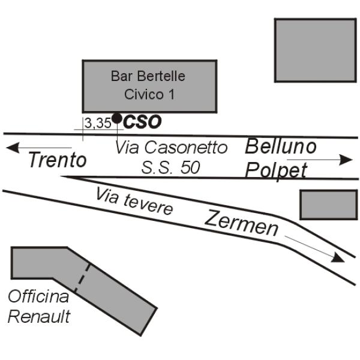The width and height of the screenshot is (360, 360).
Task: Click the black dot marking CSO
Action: [x=117, y=118]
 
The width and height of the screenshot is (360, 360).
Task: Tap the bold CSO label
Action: [x=142, y=122]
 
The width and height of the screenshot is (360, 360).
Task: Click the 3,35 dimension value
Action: [x=97, y=123]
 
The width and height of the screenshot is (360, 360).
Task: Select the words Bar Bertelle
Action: [x=148, y=76]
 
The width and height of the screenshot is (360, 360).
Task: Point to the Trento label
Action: [x=58, y=160]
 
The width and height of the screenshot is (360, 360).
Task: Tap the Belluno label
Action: [x=281, y=146]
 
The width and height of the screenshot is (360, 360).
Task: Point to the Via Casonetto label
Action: [x=172, y=147]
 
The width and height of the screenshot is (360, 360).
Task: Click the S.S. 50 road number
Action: [x=171, y=167]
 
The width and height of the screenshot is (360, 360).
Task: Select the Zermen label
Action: [x=242, y=223]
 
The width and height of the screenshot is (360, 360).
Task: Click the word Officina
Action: [x=38, y=296]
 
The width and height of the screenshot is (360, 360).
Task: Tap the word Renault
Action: [x=39, y=316]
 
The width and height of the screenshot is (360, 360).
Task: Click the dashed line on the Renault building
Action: [x=83, y=277]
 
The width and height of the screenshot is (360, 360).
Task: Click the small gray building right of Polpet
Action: [x=328, y=204]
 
